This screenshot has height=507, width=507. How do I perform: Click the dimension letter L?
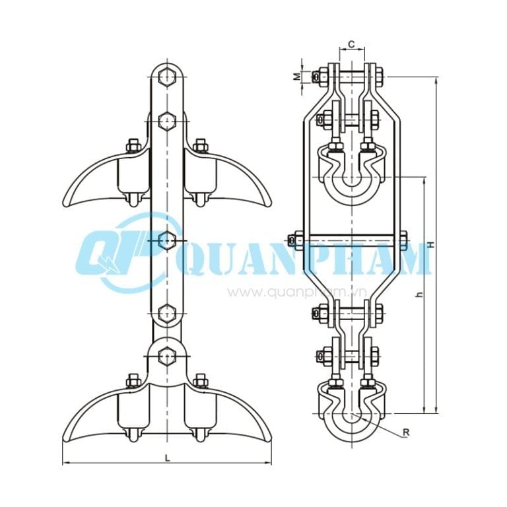[166, 457]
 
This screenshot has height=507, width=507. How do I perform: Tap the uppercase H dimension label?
[430, 244]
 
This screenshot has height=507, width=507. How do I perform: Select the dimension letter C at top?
[352, 44]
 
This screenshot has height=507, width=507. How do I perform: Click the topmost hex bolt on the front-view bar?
[166, 74]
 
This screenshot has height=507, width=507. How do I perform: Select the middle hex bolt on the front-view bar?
[166, 241]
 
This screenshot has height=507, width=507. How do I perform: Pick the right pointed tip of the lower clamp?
[270, 437]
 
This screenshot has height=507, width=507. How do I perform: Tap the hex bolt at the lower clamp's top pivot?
[166, 357]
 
